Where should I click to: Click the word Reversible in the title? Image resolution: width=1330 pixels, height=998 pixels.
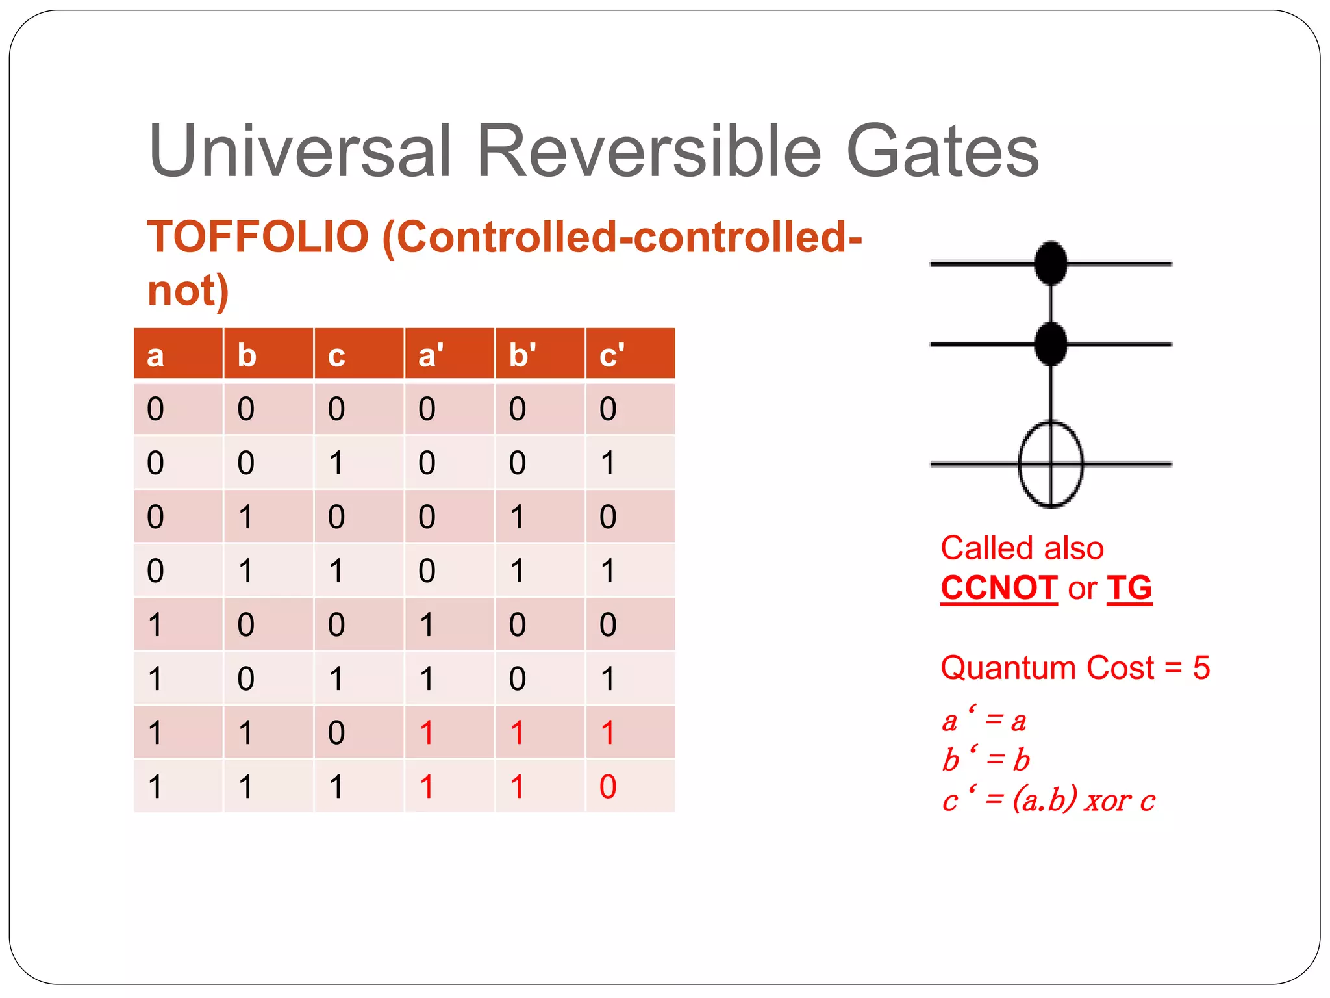(649, 151)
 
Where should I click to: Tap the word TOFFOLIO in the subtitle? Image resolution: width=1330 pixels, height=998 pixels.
(258, 237)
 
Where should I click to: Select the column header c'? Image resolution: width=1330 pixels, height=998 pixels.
(611, 355)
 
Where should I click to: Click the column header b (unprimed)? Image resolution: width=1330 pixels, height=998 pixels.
(247, 355)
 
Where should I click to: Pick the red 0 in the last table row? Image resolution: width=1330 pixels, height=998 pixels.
(607, 787)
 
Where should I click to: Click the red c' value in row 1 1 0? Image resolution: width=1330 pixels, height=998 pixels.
(607, 733)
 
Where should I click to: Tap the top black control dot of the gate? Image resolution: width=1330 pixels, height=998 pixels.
(1050, 262)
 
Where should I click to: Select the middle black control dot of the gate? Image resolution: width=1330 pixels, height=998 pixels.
(1050, 343)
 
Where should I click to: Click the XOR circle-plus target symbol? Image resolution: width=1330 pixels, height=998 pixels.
(1050, 464)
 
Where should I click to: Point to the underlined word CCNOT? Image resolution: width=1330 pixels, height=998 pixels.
(998, 588)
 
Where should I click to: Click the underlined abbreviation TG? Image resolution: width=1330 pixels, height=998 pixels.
(1129, 588)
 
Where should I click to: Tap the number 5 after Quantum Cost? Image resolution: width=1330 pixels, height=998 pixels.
(1201, 668)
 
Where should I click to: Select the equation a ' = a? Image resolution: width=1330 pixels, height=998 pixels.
(983, 721)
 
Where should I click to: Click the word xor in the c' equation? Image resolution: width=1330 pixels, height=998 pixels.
(1108, 800)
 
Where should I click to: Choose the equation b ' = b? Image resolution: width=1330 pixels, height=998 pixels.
(985, 760)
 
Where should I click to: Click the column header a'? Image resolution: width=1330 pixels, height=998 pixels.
(430, 355)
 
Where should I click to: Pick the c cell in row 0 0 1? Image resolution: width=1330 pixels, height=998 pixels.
(336, 463)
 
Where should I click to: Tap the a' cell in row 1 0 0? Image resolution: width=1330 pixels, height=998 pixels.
(427, 624)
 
